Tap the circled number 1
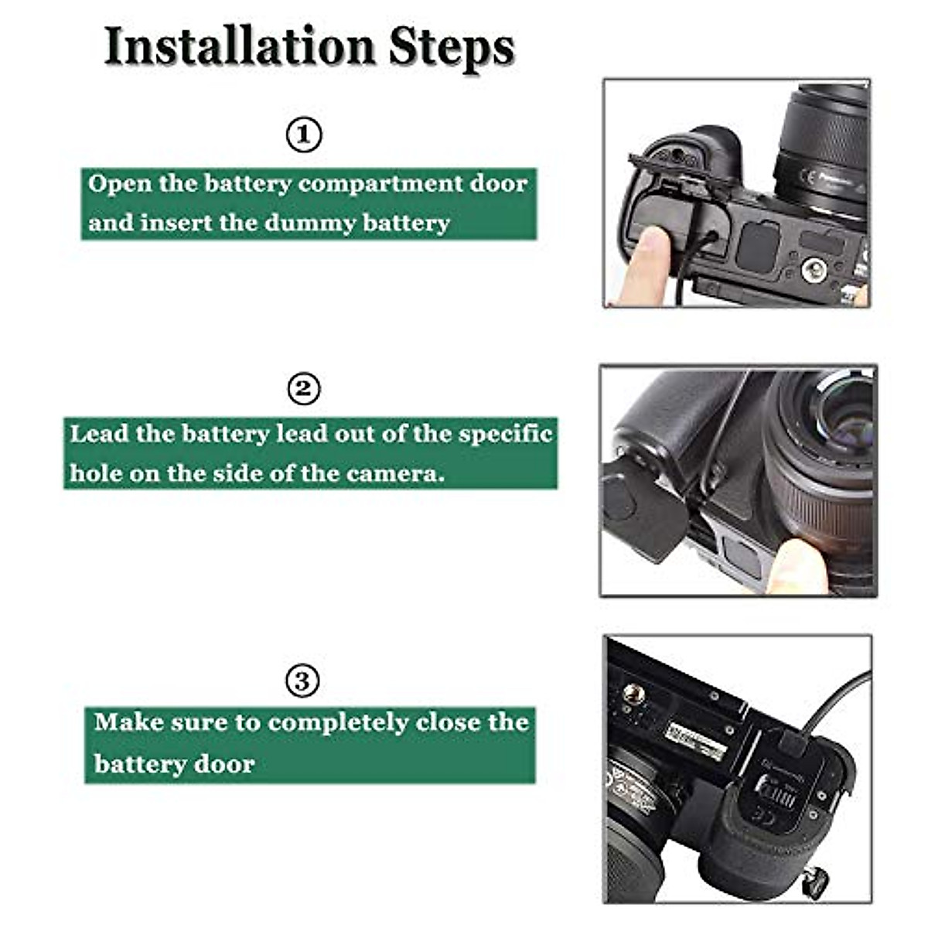304,135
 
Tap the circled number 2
303,388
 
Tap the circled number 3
302,681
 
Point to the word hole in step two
96,473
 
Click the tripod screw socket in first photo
813,269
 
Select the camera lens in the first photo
824,155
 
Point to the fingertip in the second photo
797,565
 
